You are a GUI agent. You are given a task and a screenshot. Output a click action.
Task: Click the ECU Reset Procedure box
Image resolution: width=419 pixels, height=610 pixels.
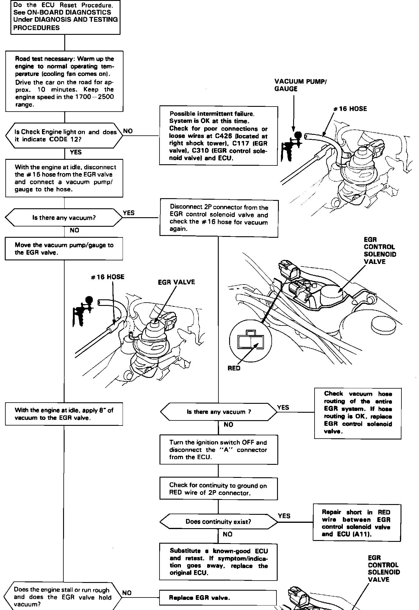[65, 17]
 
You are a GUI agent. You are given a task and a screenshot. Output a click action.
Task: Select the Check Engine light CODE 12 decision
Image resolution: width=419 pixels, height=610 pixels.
[64, 135]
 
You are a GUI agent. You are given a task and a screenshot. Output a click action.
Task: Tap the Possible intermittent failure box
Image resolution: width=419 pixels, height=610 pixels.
[218, 136]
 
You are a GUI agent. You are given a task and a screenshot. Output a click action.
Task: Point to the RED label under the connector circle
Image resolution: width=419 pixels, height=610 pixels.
[234, 368]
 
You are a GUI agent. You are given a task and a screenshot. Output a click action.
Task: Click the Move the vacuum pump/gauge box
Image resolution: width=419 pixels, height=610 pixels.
[64, 249]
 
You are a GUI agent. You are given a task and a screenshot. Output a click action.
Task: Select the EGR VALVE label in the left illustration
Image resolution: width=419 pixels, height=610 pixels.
[176, 282]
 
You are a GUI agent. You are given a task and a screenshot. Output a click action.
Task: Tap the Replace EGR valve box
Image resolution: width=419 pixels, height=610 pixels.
[218, 598]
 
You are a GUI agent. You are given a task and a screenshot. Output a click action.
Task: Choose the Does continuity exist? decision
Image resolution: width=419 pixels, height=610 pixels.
[218, 521]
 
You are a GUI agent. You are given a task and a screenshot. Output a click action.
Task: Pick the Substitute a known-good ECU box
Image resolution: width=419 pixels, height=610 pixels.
[218, 562]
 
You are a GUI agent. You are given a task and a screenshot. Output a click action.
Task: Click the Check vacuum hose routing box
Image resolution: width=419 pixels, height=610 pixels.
[358, 413]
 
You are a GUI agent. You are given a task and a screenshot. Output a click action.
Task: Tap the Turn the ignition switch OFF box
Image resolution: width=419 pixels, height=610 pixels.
[218, 450]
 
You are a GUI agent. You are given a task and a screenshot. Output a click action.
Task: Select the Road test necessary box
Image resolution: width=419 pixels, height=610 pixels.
[64, 82]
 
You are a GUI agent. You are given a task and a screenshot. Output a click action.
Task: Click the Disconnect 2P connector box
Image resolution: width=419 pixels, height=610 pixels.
[219, 218]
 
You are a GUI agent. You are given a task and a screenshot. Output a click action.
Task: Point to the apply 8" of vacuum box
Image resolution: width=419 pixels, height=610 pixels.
[64, 414]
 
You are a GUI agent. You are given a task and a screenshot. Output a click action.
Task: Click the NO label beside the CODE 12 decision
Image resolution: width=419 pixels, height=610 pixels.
[128, 131]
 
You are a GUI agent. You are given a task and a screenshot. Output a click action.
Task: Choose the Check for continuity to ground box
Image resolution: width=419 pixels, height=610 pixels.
[218, 489]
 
